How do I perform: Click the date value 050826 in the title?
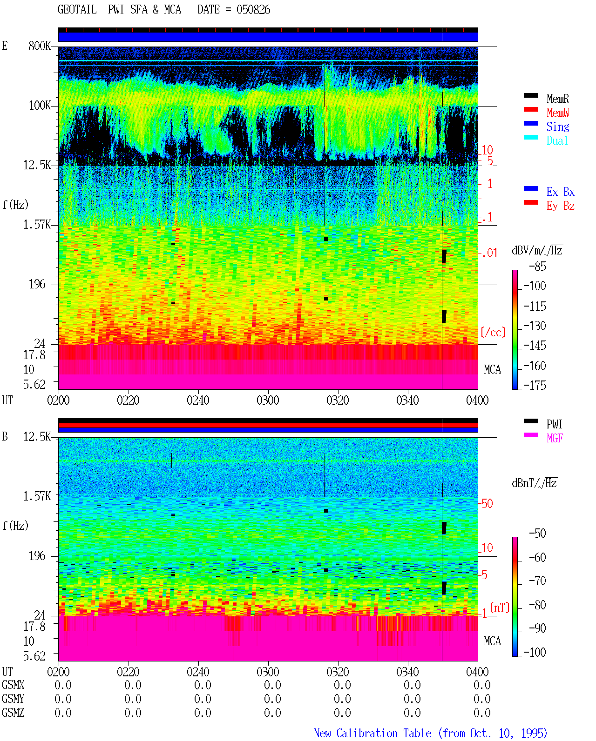tap(253, 10)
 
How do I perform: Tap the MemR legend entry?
tap(557, 99)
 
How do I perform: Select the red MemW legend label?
tap(557, 113)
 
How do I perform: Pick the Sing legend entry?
tap(557, 127)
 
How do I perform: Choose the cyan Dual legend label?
tap(557, 140)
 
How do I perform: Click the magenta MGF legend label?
tap(555, 438)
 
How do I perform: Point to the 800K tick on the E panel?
tap(40, 46)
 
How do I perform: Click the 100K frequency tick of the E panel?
tap(40, 106)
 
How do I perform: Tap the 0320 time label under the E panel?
tap(338, 400)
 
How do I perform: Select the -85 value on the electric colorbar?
tap(537, 267)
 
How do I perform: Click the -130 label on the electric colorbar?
tap(535, 326)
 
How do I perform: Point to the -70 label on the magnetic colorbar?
tap(537, 581)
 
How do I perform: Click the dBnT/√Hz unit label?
tap(534, 483)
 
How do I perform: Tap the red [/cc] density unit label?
tap(493, 332)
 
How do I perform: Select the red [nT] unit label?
tap(500, 607)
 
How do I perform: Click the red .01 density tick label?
tap(489, 254)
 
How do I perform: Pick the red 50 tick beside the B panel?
tap(487, 504)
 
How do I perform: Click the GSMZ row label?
tap(13, 713)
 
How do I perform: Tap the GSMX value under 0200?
tap(63, 685)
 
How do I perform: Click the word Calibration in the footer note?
tap(366, 733)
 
